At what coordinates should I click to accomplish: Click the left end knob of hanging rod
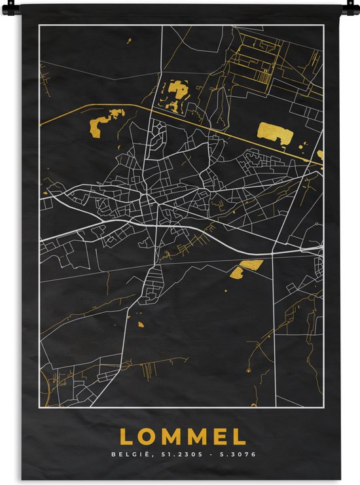point(14,6)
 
